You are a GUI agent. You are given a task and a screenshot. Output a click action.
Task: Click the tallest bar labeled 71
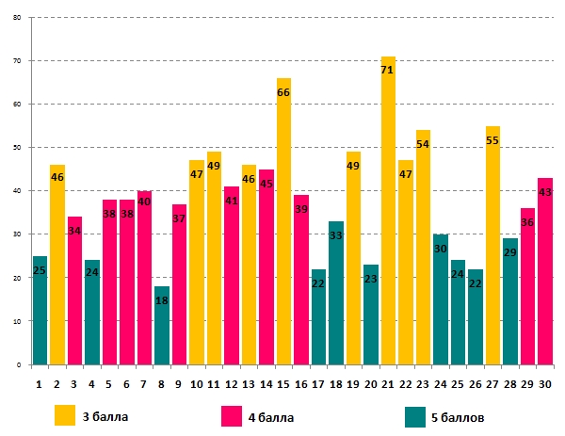(x=388, y=217)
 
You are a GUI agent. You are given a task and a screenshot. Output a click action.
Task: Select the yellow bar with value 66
(x=283, y=226)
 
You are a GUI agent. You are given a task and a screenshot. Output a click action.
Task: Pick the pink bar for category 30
(x=544, y=273)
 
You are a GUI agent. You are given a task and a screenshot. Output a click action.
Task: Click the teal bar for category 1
(x=40, y=311)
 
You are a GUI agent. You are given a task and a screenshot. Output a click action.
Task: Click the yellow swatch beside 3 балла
(x=65, y=414)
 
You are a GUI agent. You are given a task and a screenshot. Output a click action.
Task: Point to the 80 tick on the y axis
(x=17, y=17)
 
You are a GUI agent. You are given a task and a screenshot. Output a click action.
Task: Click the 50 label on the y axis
(x=17, y=148)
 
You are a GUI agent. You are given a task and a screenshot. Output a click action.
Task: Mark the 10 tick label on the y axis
(x=17, y=321)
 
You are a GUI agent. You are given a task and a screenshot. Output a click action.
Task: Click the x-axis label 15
(x=283, y=383)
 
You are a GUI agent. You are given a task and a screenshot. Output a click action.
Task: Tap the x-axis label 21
(x=388, y=383)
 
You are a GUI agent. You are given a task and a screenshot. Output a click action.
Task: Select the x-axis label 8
(x=162, y=383)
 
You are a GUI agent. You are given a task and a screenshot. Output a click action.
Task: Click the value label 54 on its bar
(x=423, y=144)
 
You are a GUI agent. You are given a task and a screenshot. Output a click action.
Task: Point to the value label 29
(x=509, y=254)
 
